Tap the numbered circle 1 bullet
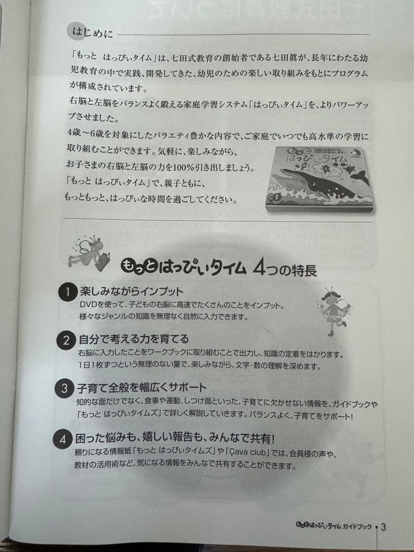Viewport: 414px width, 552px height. pyautogui.click(x=67, y=292)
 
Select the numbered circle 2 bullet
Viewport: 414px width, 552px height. pyautogui.click(x=66, y=340)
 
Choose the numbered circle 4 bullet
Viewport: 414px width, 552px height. pyautogui.click(x=62, y=439)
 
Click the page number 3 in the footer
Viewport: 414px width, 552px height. pyautogui.click(x=383, y=527)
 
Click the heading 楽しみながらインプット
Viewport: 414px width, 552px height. pyautogui.click(x=131, y=292)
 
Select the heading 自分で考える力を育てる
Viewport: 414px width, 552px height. pyautogui.click(x=134, y=339)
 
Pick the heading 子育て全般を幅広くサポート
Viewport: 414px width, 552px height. pyautogui.click(x=143, y=387)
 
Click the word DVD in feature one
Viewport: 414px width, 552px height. pyautogui.click(x=87, y=305)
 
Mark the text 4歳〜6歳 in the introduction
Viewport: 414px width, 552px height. pyautogui.click(x=83, y=137)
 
